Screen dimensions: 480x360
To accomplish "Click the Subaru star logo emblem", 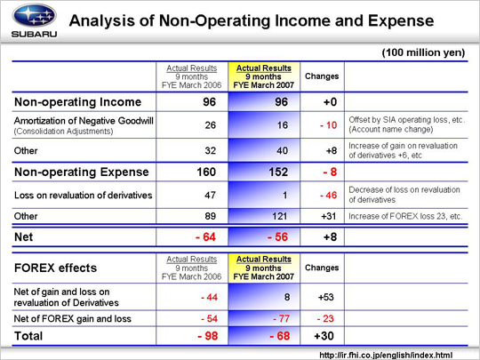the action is [34, 15].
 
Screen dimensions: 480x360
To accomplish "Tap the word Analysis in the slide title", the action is [102, 21].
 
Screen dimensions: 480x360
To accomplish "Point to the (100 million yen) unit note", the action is [423, 52].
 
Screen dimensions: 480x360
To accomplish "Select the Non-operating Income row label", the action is [77, 102].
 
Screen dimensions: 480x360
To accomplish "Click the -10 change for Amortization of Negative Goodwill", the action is [329, 125].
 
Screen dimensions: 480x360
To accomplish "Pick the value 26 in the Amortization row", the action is [211, 125].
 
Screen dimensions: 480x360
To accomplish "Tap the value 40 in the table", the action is [282, 150].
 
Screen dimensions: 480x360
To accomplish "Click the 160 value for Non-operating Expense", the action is [206, 172].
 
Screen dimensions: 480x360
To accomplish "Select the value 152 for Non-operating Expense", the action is [278, 172].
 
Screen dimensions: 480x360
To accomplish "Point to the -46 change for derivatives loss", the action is [329, 196].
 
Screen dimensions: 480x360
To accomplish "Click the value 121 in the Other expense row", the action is [279, 216].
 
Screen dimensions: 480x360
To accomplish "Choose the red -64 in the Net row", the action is [205, 237].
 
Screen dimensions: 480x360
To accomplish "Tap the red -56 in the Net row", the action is [277, 237].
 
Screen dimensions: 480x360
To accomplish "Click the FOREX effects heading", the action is [55, 268].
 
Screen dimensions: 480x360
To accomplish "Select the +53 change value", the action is [325, 297].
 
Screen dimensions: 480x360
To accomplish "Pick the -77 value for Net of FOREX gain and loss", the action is [281, 319].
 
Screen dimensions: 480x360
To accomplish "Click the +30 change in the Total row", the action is [324, 336].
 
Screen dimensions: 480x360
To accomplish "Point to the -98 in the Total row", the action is [207, 336].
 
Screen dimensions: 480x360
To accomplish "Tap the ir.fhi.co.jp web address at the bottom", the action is [386, 356].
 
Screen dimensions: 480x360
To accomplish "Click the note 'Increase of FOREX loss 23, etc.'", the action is [405, 216].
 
